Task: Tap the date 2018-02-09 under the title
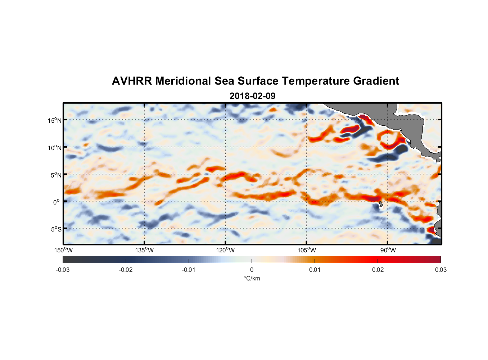coord(252,96)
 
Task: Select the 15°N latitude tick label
coord(55,120)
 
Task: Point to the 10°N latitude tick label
coord(55,148)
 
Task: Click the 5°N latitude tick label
coord(56,175)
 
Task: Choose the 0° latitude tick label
coord(57,202)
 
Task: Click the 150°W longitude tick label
coord(63,250)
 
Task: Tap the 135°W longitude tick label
coord(144,250)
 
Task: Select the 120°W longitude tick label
coord(225,250)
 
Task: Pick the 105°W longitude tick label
coord(307,250)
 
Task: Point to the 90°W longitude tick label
coord(388,250)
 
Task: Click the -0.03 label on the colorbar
coord(63,270)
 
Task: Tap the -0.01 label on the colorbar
coord(189,270)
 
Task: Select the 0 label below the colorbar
coord(252,270)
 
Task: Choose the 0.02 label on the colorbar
coord(378,270)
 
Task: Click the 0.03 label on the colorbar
coord(440,270)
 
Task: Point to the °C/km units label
coord(252,278)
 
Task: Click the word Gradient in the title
coord(376,81)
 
